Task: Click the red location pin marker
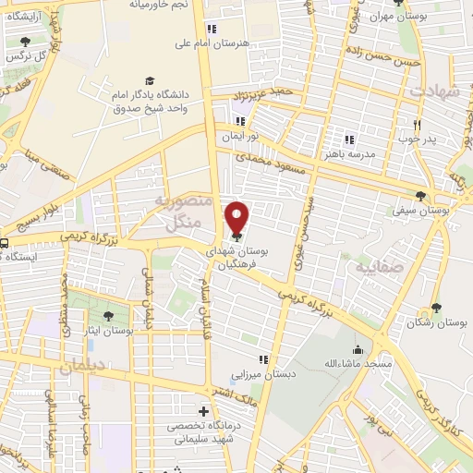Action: [238, 218]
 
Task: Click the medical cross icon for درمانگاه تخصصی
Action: [203, 410]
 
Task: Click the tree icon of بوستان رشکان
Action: [436, 309]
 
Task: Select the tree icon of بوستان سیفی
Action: [421, 196]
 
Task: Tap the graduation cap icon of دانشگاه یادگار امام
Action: [146, 81]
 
